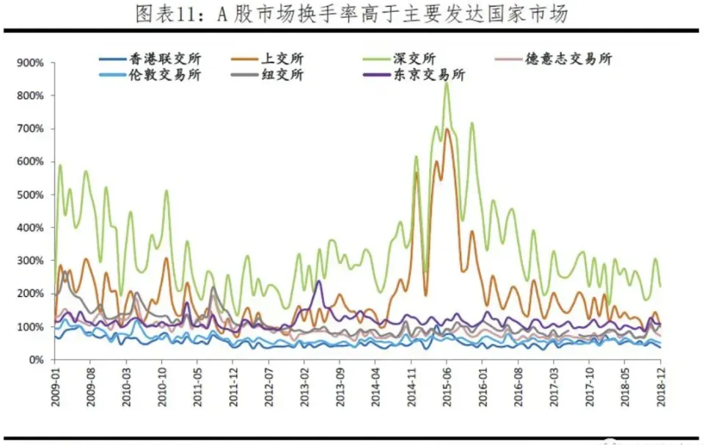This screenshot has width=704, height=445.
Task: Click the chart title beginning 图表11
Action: [351, 14]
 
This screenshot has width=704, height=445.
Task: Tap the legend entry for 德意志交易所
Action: [568, 59]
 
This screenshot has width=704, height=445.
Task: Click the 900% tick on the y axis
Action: [32, 63]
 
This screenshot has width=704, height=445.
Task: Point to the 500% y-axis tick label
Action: [32, 195]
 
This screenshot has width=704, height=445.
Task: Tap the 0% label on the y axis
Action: [37, 360]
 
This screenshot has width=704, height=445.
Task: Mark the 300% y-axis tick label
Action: [32, 261]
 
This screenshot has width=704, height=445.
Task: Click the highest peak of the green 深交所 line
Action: [447, 103]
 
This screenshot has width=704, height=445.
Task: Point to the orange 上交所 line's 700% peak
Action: [447, 130]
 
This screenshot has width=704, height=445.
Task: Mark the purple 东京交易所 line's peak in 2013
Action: [320, 282]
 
